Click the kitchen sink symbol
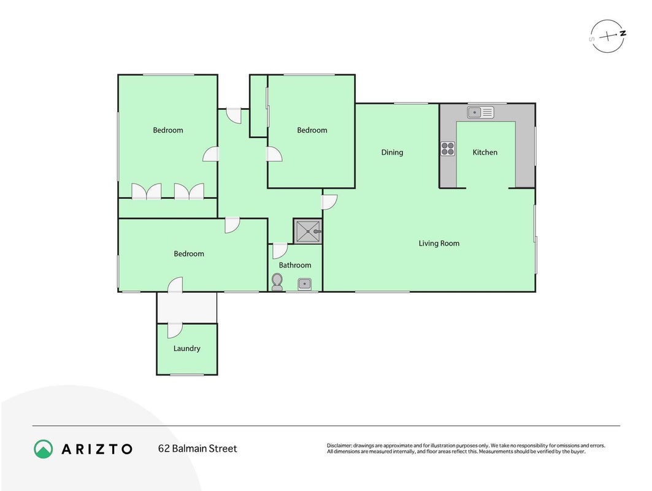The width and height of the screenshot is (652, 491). coord(480,112)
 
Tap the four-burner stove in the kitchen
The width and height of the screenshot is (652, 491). coord(448,149)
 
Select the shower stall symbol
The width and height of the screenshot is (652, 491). coord(308,231)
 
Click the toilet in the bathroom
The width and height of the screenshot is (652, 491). coord(277,282)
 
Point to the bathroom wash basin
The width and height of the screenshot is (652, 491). coord(304,284)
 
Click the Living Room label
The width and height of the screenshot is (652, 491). coord(439,244)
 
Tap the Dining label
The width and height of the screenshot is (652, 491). coord(392,152)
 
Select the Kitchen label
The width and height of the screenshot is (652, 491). coord(485,152)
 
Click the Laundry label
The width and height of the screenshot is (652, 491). coord(186,349)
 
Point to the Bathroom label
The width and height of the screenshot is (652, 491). coord(295,265)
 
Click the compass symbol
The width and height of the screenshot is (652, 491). coord(607,36)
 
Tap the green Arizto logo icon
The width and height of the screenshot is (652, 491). coord(44,449)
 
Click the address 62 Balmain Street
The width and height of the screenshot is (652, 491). coord(198,449)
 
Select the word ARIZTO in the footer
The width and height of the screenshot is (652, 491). coord(97,449)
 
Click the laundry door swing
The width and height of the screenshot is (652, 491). coord(175,330)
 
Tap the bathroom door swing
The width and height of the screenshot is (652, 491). coord(280,250)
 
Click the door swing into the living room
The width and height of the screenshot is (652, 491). coord(329,202)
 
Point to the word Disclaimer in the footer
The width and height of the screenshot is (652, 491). coord(339,446)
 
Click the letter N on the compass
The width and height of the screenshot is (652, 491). coord(623,34)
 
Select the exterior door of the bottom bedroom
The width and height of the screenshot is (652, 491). coord(175,285)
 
